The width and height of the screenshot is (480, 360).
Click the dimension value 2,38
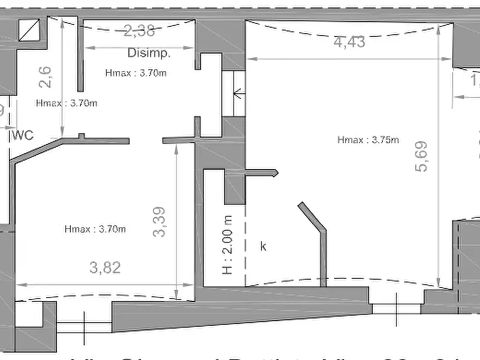tap(139, 31)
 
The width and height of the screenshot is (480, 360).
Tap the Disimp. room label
tap(149, 53)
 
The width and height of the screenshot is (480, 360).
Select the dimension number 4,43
tap(349, 41)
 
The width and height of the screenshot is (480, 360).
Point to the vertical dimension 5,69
tap(421, 156)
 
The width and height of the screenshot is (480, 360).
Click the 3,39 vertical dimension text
tap(160, 222)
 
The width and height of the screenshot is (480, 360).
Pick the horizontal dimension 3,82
tap(104, 267)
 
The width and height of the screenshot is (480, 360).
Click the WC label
tap(23, 135)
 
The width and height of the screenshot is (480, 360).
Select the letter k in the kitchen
tap(263, 247)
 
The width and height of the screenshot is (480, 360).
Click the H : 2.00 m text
tap(228, 244)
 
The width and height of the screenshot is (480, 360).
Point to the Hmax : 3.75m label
tap(368, 140)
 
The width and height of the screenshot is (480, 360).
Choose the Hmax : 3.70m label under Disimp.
tap(135, 73)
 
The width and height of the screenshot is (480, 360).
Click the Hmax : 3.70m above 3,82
tap(95, 229)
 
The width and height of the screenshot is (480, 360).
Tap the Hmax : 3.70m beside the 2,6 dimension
tap(67, 103)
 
